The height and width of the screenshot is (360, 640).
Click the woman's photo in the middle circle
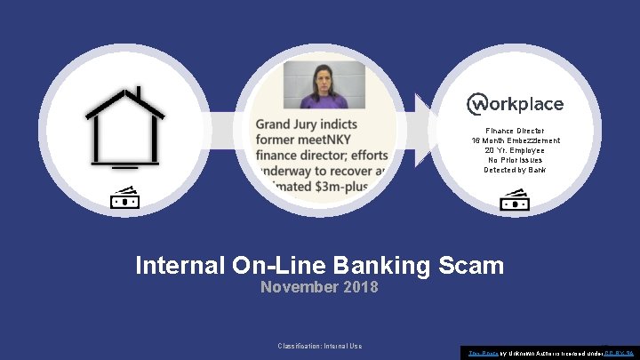318,85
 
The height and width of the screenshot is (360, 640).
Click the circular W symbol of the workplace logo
477,105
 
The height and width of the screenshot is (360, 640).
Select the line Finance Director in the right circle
516,130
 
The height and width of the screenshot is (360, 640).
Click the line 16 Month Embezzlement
516,140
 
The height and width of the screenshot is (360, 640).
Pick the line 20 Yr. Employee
516,150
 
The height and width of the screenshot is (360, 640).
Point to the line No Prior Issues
516,160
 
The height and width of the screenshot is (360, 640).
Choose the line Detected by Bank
516,170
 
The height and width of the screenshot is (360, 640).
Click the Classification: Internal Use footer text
319,346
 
